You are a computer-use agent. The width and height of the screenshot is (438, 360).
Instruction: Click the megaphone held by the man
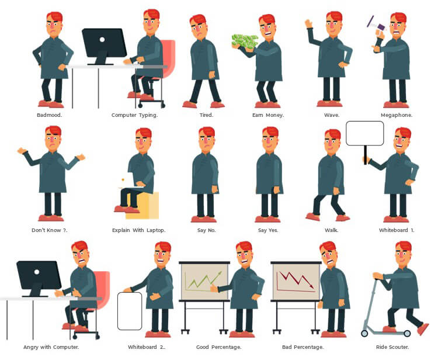pyautogui.click(x=376, y=25)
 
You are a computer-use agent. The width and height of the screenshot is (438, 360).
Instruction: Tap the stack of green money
pyautogui.click(x=245, y=41)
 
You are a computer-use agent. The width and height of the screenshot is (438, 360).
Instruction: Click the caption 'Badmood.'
pyautogui.click(x=50, y=115)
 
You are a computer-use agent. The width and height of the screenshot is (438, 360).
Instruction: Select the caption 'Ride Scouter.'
pyautogui.click(x=392, y=347)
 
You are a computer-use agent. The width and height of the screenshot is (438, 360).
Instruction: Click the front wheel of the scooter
pyautogui.click(x=364, y=333)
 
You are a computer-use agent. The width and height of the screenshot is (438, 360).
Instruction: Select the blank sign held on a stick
pyautogui.click(x=365, y=133)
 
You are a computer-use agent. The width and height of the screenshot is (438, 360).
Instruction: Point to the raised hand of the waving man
pyautogui.click(x=308, y=23)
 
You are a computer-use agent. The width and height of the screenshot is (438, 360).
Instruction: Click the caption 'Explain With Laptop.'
pyautogui.click(x=139, y=230)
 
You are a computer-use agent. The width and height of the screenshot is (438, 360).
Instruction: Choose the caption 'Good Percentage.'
pyautogui.click(x=219, y=347)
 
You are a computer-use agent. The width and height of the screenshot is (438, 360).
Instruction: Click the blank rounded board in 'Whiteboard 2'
pyautogui.click(x=130, y=311)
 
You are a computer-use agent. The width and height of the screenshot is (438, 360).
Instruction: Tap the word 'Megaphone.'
pyautogui.click(x=397, y=115)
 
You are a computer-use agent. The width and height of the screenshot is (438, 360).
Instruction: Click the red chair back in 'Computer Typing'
pyautogui.click(x=168, y=58)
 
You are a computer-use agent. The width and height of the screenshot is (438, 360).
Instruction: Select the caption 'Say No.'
pyautogui.click(x=206, y=230)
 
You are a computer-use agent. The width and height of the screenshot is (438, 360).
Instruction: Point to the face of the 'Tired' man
pyautogui.click(x=199, y=29)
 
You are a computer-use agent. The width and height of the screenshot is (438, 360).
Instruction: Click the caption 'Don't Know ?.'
pyautogui.click(x=50, y=230)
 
